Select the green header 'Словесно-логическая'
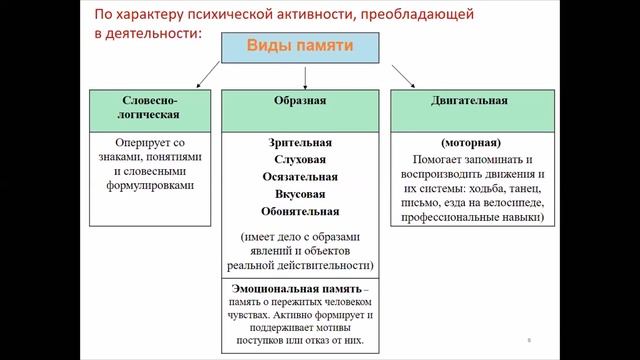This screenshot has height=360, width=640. (149, 108)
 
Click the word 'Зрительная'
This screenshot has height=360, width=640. (300, 142)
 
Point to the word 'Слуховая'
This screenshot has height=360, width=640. (300, 159)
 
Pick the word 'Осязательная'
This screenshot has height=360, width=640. (300, 176)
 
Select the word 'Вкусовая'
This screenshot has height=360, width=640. (300, 193)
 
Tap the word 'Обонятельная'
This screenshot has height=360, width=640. (300, 211)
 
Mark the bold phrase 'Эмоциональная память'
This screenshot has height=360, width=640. (284, 287)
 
